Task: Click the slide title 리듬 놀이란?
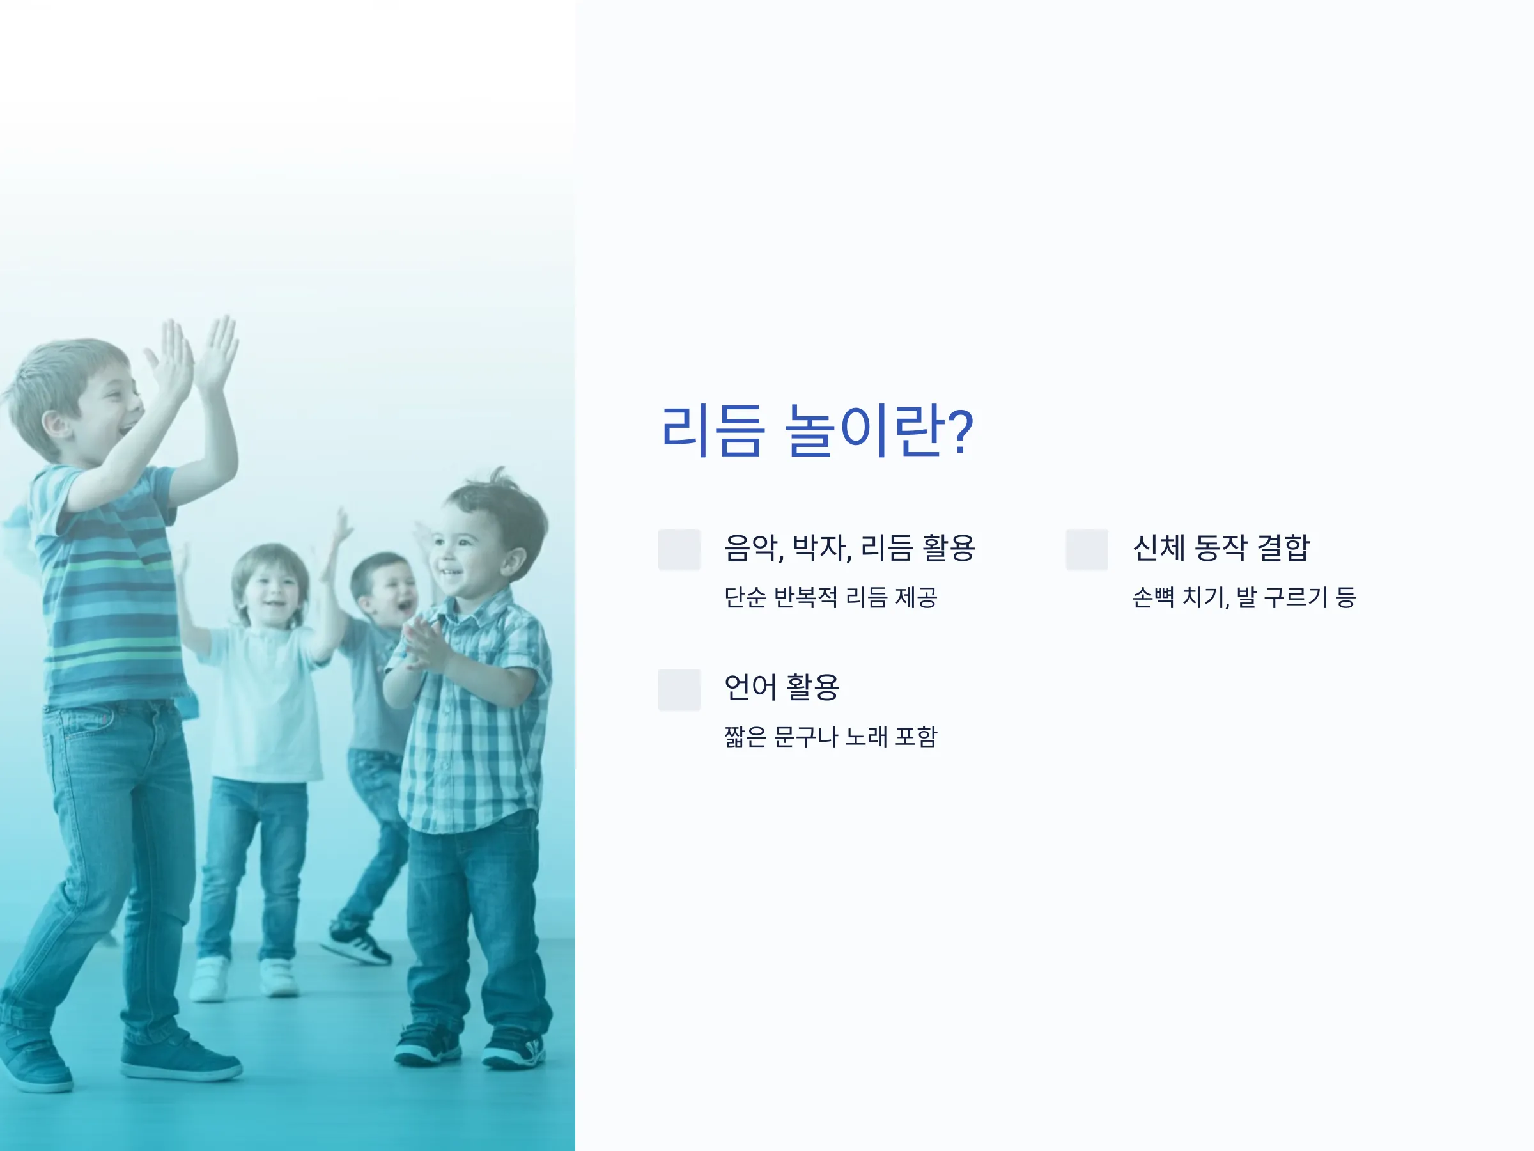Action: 817,432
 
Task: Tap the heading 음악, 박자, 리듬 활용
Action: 849,547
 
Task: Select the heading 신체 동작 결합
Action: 1221,547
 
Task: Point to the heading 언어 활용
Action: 782,687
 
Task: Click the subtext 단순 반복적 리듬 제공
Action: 831,597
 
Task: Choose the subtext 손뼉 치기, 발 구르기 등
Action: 1243,597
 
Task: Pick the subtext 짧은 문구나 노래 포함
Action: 831,736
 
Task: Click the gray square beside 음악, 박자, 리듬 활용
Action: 679,549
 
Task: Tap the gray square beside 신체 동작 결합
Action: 1087,549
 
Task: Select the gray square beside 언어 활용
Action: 679,689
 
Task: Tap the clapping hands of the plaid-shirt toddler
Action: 425,645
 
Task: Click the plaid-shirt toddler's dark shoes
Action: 470,1045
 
